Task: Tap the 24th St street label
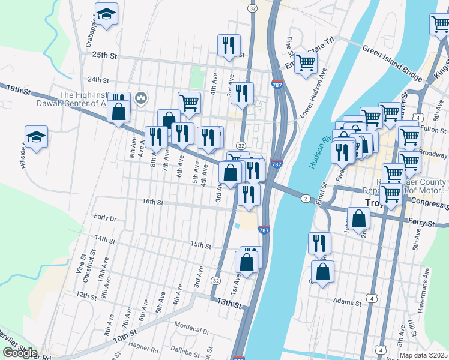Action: coord(98,80)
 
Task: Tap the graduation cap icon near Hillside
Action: coord(36,137)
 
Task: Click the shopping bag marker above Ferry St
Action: coord(358,219)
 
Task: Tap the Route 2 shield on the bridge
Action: coord(306,199)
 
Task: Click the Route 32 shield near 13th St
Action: coord(215,280)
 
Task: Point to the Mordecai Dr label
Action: coord(191,331)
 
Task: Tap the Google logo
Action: coord(20,352)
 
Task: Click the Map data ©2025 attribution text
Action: coord(423,355)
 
